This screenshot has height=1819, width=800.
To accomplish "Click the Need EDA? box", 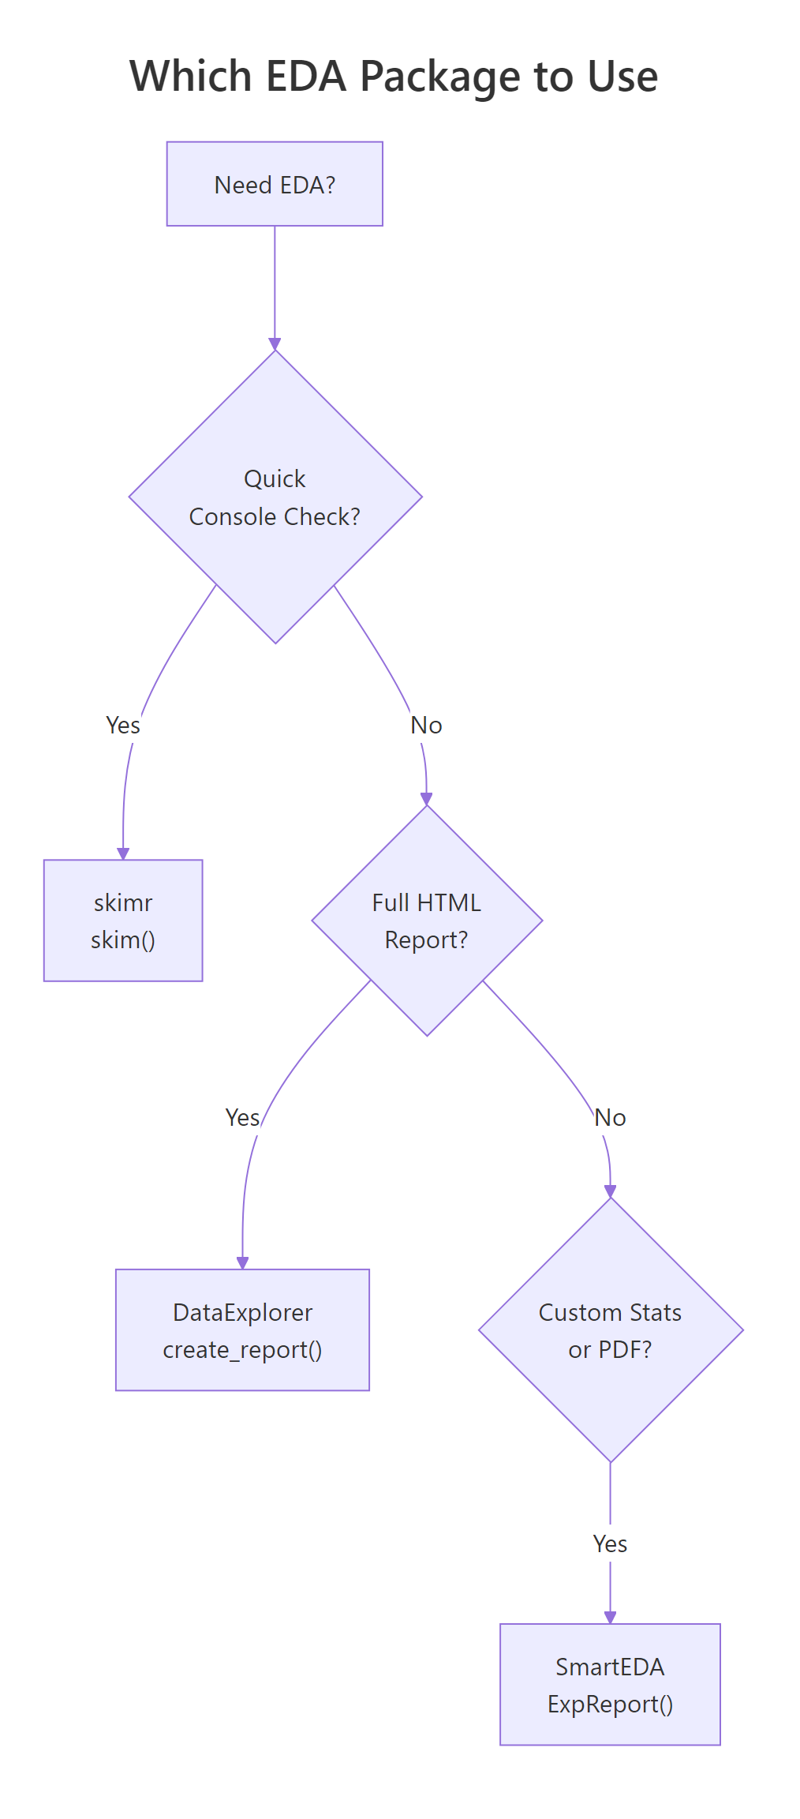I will click(x=275, y=184).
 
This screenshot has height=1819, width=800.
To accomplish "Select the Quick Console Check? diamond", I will click(x=275, y=497).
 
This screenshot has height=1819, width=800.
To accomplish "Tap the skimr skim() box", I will click(x=123, y=921).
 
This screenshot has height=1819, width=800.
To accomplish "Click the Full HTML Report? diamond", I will click(x=427, y=921).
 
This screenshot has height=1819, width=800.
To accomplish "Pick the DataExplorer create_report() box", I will click(x=242, y=1330).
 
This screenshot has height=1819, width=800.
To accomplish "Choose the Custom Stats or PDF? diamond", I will click(x=610, y=1330).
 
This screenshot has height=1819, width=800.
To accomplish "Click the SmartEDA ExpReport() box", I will click(x=610, y=1685).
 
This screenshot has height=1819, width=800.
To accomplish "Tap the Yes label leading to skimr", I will click(x=123, y=725).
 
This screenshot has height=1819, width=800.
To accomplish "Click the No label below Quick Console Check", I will click(x=426, y=725).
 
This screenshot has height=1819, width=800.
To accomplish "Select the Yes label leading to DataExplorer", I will click(x=242, y=1117).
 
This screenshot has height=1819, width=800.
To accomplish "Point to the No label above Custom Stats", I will click(x=610, y=1117).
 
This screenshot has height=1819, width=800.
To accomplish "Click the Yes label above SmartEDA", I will click(x=610, y=1543).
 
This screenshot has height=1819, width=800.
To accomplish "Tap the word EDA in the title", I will click(x=306, y=77).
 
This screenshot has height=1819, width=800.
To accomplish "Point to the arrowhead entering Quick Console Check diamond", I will click(x=275, y=344).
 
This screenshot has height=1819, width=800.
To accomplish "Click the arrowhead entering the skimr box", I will click(x=123, y=853).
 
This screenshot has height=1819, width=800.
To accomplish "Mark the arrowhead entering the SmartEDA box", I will click(x=610, y=1618).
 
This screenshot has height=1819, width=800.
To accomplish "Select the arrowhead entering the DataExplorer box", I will click(x=242, y=1263).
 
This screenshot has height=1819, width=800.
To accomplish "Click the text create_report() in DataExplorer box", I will click(x=242, y=1349).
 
